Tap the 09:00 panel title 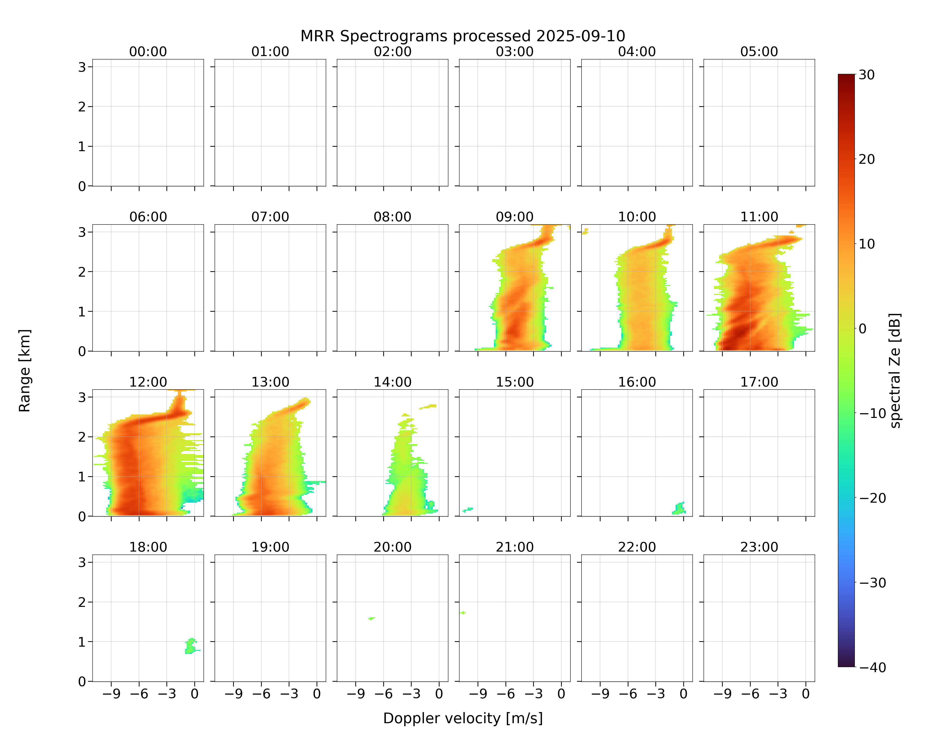pos(515,217)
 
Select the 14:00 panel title pos(393,382)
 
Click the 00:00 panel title pos(148,52)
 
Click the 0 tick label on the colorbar pos(863,329)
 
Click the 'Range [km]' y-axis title pos(24,371)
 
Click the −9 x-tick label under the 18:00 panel pos(111,694)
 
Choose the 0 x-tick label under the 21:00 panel pos(561,694)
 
